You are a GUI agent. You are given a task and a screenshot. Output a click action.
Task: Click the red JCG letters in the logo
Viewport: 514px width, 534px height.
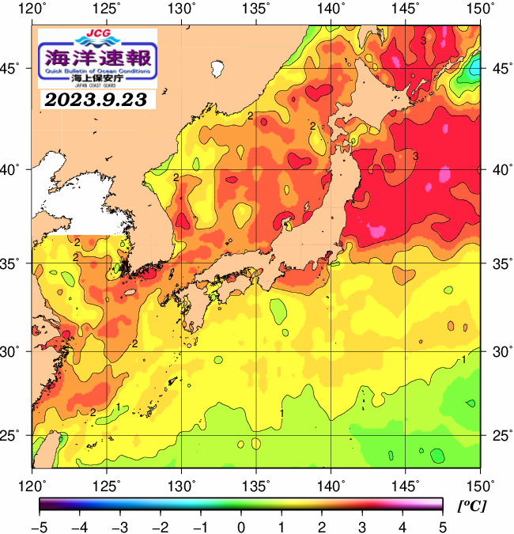pyautogui.click(x=98, y=33)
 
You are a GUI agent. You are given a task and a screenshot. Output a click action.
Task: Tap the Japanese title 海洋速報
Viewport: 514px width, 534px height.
pyautogui.click(x=98, y=58)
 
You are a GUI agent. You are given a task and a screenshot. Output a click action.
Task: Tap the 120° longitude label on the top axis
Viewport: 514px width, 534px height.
pyautogui.click(x=32, y=9)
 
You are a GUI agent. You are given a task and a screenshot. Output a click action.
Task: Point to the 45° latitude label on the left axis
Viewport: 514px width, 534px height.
pyautogui.click(x=14, y=69)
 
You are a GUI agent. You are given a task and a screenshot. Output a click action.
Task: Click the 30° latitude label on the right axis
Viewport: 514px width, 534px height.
pyautogui.click(x=498, y=350)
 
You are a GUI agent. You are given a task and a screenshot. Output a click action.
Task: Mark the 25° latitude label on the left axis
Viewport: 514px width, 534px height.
pyautogui.click(x=14, y=436)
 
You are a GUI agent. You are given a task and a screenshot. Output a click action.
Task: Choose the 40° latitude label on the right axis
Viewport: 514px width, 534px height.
pyautogui.click(x=498, y=169)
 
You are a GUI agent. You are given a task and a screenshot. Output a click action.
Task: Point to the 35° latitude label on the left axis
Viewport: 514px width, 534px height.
pyautogui.click(x=14, y=263)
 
